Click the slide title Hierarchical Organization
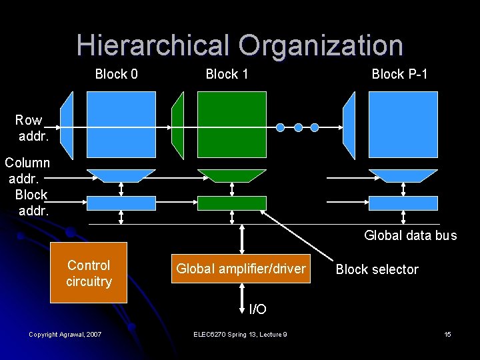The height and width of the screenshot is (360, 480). coord(239,45)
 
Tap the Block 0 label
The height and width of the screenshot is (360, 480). coord(117,74)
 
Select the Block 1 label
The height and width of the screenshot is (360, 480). coord(227,74)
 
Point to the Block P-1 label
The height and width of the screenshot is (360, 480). coord(399,74)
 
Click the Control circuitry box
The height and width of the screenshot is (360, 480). coord(89,273)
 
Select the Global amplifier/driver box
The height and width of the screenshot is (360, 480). coord(241,269)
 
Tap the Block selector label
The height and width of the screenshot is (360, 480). coord(377,269)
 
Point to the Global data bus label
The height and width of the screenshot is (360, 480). coord(410,235)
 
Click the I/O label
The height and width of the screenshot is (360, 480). coord(257,309)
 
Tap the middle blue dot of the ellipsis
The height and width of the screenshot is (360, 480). coord(298,127)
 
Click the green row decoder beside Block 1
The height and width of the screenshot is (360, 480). coord(177,125)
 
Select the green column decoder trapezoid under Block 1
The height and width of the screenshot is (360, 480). coord(231,175)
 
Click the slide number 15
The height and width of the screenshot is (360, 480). coord(447,334)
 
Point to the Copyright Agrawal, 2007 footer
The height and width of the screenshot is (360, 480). coord(65,334)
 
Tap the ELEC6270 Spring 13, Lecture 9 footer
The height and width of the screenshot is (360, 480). coord(239,334)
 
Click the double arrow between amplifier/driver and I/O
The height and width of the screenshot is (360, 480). coord(241,297)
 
